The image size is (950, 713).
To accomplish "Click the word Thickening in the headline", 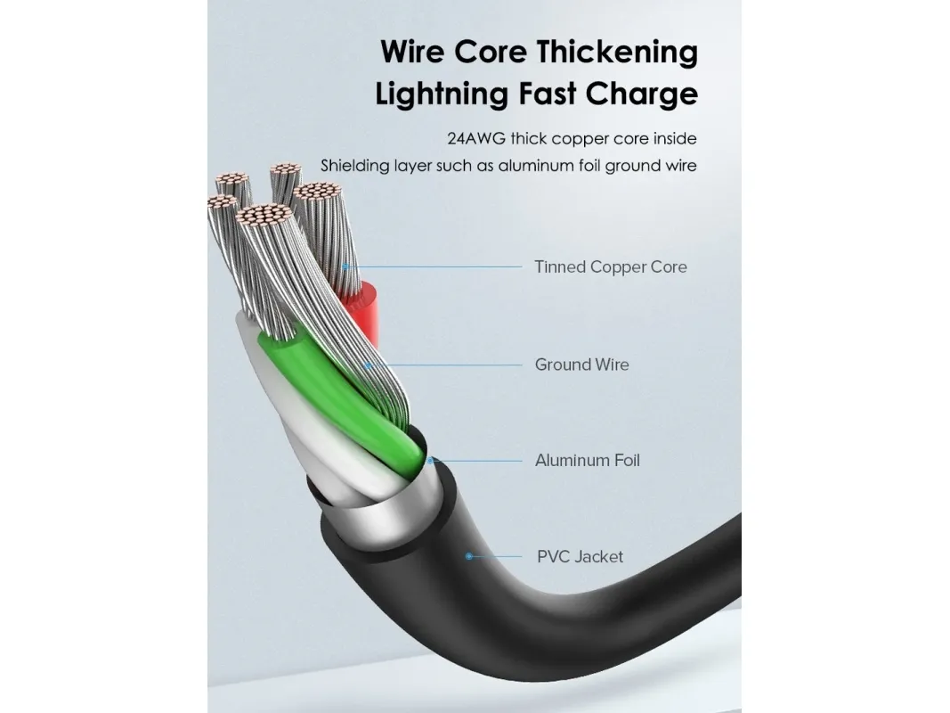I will tap(617, 53).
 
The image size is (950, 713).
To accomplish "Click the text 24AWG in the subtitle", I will tap(475, 139).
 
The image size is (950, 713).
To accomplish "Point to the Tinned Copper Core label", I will tap(611, 266).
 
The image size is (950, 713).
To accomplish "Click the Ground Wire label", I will tap(581, 365).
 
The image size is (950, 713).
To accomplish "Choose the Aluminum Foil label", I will tap(587, 461).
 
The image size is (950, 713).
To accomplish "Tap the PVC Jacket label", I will tap(580, 557).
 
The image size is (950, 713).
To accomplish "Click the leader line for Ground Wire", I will tap(445, 365).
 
